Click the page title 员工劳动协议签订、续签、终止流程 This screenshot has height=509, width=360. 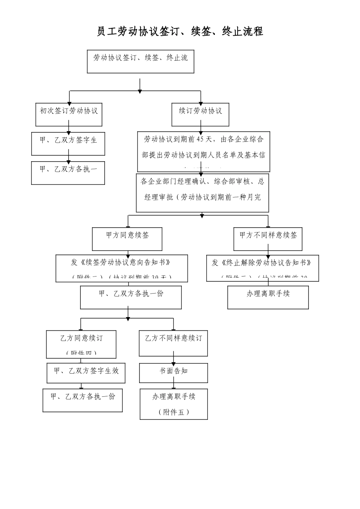click(x=180, y=31)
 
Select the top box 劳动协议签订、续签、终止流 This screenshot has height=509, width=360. click(x=141, y=61)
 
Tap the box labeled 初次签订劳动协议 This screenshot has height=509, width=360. click(x=69, y=115)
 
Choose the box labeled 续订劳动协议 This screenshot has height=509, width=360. click(x=200, y=115)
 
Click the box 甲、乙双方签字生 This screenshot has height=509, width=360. click(x=68, y=143)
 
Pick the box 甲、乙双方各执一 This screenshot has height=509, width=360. click(x=68, y=173)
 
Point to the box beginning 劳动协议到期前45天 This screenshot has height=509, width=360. click(x=203, y=151)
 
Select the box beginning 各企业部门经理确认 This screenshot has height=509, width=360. click(x=202, y=193)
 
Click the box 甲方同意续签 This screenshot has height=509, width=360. click(x=127, y=239)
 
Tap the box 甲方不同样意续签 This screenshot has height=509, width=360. click(x=268, y=239)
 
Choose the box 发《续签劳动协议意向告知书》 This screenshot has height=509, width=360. click(x=122, y=268)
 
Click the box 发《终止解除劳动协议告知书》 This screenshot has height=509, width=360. click(x=262, y=268)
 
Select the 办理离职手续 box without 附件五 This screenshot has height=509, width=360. click(x=268, y=297)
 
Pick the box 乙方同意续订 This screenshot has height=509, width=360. click(x=81, y=344)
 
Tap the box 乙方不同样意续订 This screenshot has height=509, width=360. click(x=173, y=343)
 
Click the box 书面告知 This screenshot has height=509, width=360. click(x=174, y=373)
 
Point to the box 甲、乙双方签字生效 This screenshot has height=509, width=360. click(x=86, y=373)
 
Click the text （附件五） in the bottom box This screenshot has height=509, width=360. click(x=174, y=412)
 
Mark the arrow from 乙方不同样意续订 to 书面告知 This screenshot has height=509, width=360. click(x=174, y=360)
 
